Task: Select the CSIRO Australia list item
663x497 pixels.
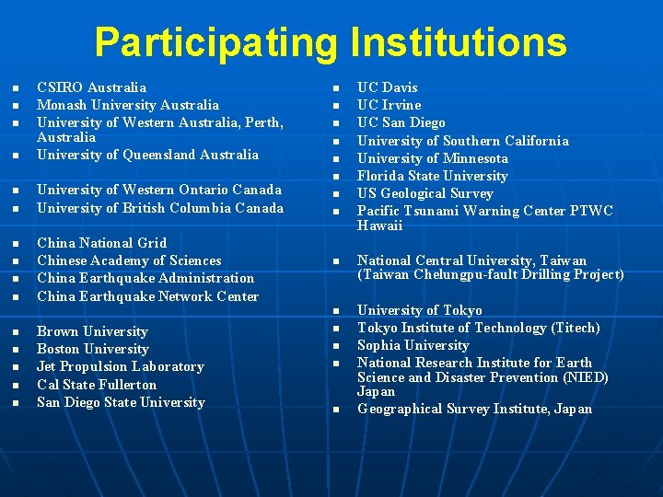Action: (91, 87)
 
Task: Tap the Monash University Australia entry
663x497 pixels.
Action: (127, 105)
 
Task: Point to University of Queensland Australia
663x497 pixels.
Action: (147, 155)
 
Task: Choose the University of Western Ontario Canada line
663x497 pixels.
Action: (158, 190)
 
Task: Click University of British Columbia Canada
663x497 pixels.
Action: (159, 208)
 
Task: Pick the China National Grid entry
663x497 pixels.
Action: (101, 243)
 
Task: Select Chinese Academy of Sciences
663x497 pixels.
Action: (129, 260)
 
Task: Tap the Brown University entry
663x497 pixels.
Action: (92, 331)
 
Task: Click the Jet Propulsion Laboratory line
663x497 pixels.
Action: (120, 366)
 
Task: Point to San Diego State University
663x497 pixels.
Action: (121, 402)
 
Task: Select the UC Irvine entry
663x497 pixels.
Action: (389, 105)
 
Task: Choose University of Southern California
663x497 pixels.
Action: (462, 141)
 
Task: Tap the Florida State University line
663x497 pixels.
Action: (432, 176)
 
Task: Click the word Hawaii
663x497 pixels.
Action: (379, 225)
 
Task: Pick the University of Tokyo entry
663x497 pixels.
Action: (419, 310)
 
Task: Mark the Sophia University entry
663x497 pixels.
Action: (413, 345)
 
